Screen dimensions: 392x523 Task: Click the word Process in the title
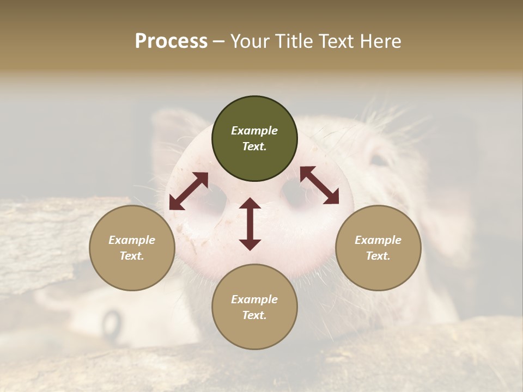pyautogui.click(x=171, y=41)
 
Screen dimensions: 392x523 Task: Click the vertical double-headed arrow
pyautogui.click(x=250, y=224)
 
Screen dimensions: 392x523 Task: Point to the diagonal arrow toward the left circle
pyautogui.click(x=188, y=191)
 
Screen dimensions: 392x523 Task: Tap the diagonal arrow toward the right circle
pyautogui.click(x=319, y=186)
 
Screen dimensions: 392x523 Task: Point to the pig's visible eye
pyautogui.click(x=380, y=160)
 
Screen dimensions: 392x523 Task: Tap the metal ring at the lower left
pyautogui.click(x=112, y=324)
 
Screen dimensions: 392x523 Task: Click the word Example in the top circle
pyautogui.click(x=254, y=131)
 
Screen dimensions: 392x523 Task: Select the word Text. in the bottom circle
pyautogui.click(x=254, y=315)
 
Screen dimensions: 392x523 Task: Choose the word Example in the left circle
pyautogui.click(x=132, y=240)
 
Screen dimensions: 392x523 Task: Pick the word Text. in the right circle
pyautogui.click(x=378, y=256)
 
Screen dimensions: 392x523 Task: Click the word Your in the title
pyautogui.click(x=249, y=41)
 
